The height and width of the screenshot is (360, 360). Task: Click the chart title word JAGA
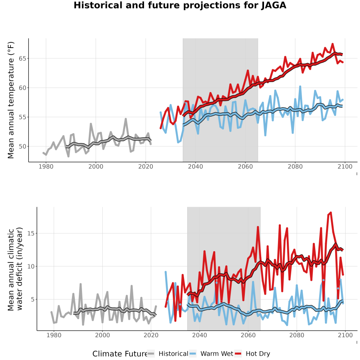coord(274,5)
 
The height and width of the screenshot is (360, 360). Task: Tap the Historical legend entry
coord(167,354)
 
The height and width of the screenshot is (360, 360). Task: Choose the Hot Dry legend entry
coord(252,354)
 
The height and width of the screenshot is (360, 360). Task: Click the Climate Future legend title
coord(120,354)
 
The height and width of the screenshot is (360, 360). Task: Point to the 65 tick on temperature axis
coord(22,58)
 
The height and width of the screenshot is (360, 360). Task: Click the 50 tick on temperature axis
coord(22,146)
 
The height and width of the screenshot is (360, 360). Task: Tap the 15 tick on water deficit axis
coord(30,234)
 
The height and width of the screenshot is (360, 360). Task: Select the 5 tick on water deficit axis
coord(32,299)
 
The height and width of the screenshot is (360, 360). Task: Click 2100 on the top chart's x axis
coord(345,166)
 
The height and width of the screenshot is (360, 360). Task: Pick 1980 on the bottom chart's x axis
coord(54,335)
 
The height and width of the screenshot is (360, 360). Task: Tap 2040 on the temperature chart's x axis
coord(195,166)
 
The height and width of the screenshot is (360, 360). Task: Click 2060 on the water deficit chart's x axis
coord(248,335)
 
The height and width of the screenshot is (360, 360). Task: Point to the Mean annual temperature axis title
coord(10,100)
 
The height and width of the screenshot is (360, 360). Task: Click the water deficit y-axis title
coord(15,269)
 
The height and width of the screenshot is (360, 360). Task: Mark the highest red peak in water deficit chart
coord(331,213)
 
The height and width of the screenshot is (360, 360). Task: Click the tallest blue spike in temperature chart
coord(300,86)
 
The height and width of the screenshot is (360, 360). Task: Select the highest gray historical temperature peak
coord(126,119)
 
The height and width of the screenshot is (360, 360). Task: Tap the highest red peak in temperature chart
coord(332,44)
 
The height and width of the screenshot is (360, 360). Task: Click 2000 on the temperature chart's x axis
coord(96,166)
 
